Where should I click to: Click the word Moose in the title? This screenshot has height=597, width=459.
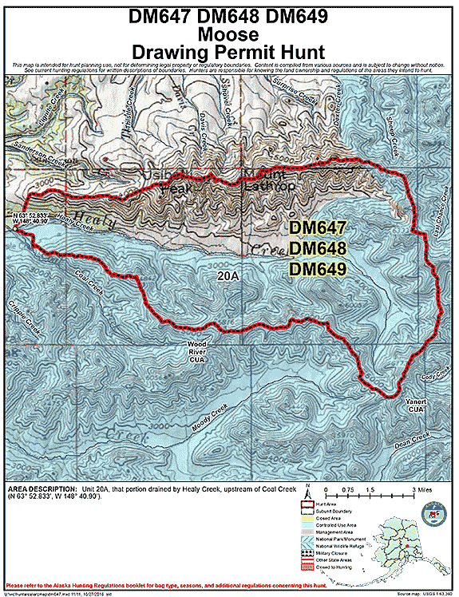click(228, 34)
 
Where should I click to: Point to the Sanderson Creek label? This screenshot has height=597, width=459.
click(36, 160)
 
